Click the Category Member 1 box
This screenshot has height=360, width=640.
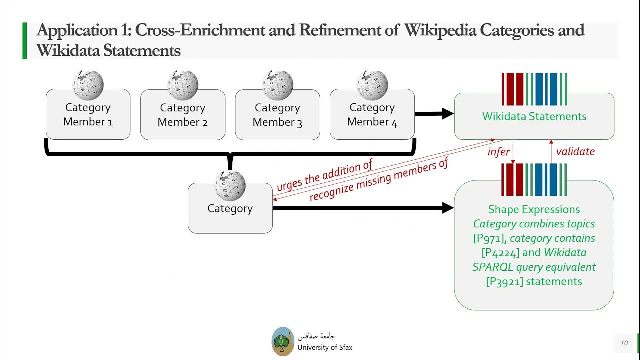point(88,115)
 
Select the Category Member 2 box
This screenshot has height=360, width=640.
point(182,115)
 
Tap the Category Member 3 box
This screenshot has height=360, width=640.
point(277,115)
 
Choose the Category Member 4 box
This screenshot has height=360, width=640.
point(372,115)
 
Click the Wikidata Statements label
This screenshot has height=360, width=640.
point(534,116)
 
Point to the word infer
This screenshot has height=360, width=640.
point(498,152)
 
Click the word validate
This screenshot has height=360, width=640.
point(575,151)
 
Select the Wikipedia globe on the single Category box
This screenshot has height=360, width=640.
point(230,186)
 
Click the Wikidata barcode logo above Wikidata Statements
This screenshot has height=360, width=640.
point(534,89)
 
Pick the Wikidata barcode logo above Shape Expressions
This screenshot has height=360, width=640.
point(534,179)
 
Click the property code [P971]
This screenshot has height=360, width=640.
point(490,238)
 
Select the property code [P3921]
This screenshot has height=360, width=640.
point(504,282)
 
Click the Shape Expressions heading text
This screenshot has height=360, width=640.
point(534,209)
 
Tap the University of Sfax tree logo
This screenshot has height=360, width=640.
point(283,341)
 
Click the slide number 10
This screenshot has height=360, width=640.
point(624,343)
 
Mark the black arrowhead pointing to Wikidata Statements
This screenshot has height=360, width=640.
point(446,114)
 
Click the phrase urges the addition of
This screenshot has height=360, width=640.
point(325,177)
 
